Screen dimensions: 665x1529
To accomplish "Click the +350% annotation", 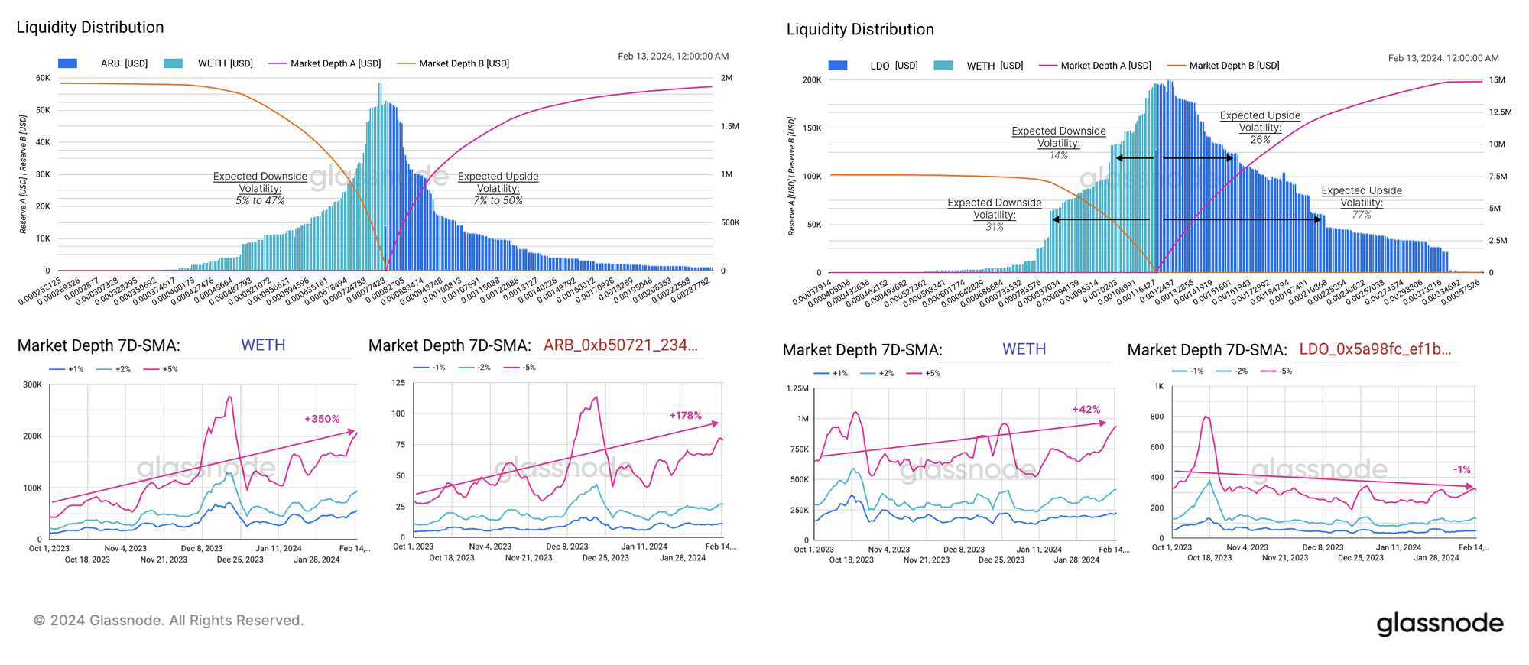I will pos(322,419).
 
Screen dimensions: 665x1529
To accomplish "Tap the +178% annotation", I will pos(685,416).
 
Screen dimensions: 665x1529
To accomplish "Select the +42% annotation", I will pos(1086,410).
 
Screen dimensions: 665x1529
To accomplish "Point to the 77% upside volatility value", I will pos(1362,215).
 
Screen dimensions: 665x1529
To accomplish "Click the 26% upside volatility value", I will pos(1260,140).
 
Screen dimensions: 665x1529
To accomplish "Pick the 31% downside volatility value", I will pos(994,227).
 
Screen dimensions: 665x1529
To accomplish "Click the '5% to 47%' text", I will pos(260,200).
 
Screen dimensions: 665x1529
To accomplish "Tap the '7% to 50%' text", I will pos(498,200).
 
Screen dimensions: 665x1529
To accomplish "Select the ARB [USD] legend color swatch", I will pos(67,63).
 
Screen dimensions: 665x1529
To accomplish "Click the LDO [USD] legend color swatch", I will pos(837,66).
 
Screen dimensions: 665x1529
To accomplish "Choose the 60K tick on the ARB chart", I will pos(43,78).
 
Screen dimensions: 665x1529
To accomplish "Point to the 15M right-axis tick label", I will pos(1497,80).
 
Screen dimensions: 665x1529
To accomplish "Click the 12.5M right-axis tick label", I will pos(1500,112).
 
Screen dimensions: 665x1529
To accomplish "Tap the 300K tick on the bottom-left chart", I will pos(33,384).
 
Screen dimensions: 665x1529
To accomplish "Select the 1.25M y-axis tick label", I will pos(797,388).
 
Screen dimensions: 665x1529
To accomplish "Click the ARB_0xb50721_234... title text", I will pos(620,345).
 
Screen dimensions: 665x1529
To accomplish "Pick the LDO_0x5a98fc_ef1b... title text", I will pos(1375,349).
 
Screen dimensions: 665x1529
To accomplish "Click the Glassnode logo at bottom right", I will pos(1440,624).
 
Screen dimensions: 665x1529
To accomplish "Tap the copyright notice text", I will pos(168,621).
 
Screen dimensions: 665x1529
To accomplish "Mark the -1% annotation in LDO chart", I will pos(1461,469).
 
